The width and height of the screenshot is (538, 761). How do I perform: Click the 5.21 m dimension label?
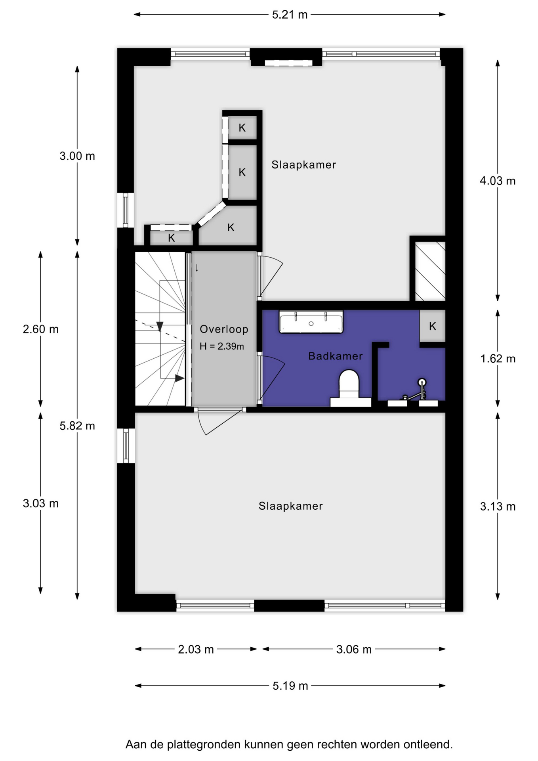click(x=290, y=15)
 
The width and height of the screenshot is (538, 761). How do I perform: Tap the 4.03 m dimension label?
click(x=498, y=181)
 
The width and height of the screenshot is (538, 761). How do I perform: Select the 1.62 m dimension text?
click(x=498, y=359)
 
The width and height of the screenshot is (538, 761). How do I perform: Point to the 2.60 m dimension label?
click(x=40, y=329)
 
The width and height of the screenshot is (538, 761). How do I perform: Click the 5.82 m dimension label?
click(x=77, y=426)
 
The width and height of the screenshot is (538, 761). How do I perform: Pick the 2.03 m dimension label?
click(x=196, y=649)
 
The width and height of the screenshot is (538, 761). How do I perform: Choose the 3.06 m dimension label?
click(x=354, y=649)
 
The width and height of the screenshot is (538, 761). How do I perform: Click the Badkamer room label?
click(x=336, y=356)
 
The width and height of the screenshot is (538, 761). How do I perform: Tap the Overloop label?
click(x=224, y=329)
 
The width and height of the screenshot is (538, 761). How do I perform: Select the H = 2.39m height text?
click(x=222, y=346)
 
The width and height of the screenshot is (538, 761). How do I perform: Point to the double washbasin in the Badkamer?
click(x=311, y=321)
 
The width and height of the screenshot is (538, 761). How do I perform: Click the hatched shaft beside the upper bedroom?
click(x=430, y=271)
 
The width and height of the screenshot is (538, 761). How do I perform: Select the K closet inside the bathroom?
click(x=433, y=326)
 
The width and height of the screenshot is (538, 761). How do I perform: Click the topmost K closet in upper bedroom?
click(x=242, y=127)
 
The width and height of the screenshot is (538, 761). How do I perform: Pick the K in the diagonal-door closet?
click(x=231, y=227)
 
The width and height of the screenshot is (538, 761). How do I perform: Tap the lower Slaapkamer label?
click(x=291, y=506)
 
